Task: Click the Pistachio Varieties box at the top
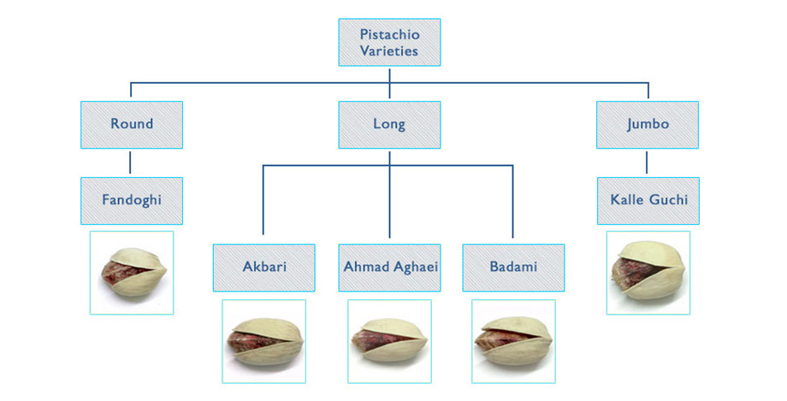389,43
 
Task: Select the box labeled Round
132,125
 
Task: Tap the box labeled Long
389,125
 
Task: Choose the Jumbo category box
648,125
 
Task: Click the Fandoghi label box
132,201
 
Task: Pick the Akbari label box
264,268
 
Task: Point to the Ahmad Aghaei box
389,268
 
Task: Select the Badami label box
513,268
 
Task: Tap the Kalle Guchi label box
648,201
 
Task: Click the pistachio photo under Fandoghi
132,273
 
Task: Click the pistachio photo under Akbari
264,341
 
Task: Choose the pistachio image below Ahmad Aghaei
389,341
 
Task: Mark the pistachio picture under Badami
513,341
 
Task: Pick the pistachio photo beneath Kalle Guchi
648,273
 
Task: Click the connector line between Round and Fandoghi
131,162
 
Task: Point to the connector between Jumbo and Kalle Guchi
647,162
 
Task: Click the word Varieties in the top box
389,50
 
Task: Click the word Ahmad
363,267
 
